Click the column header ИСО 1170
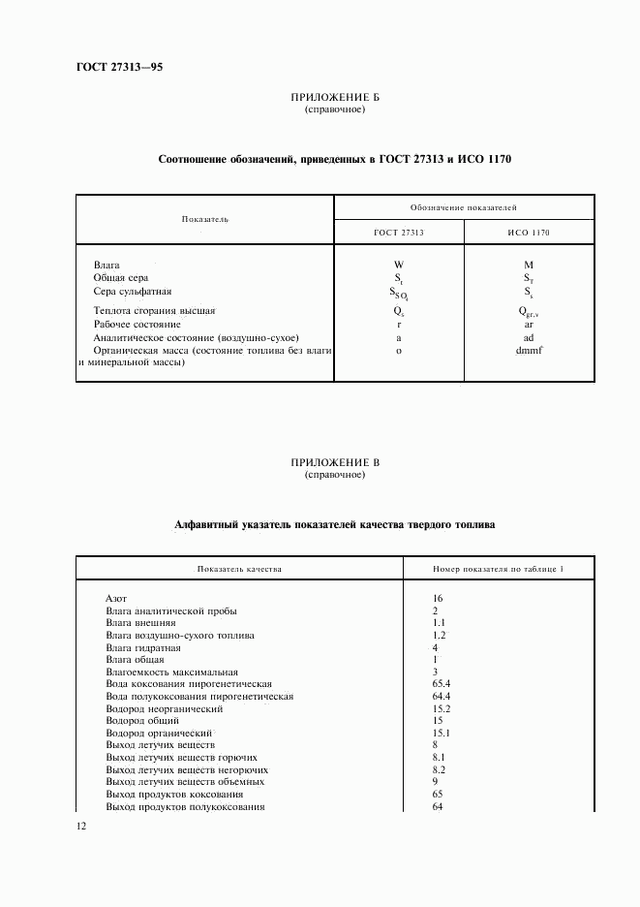529,234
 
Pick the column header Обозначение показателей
464,207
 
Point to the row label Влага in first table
107,264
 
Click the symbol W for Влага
398,265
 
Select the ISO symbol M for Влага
529,265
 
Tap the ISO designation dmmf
529,351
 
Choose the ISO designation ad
529,337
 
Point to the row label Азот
116,598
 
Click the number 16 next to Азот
439,598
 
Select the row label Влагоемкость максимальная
171,672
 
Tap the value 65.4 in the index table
442,684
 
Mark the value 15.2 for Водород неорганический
442,708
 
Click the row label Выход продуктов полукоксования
185,806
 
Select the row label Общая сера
120,277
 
